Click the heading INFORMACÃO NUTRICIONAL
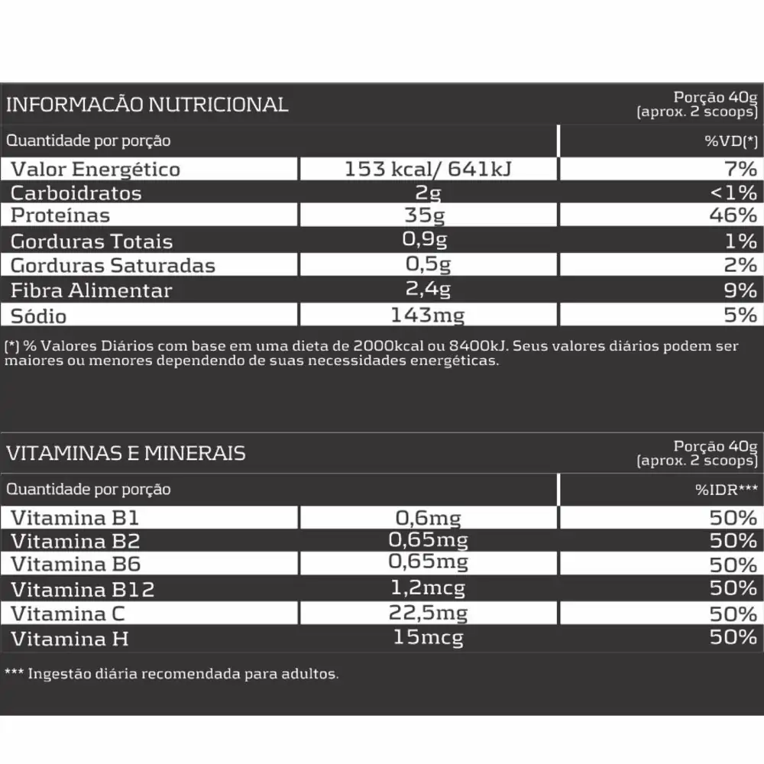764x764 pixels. (x=147, y=105)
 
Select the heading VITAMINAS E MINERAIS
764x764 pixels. (x=125, y=453)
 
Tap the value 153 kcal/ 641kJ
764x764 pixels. (x=428, y=169)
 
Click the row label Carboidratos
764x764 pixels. (x=76, y=193)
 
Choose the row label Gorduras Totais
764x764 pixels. (x=92, y=241)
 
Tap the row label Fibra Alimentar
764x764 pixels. (x=91, y=290)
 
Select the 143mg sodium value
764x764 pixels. (x=427, y=315)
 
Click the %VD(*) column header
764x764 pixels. (x=730, y=141)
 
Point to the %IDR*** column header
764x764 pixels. (x=725, y=490)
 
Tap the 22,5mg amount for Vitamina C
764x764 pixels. (x=428, y=613)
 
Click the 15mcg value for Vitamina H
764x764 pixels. (x=428, y=637)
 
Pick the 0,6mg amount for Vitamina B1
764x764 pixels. (x=428, y=518)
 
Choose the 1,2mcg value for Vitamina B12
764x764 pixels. (x=428, y=588)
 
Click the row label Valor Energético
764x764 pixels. (x=95, y=169)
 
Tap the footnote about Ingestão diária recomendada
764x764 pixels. (x=171, y=675)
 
